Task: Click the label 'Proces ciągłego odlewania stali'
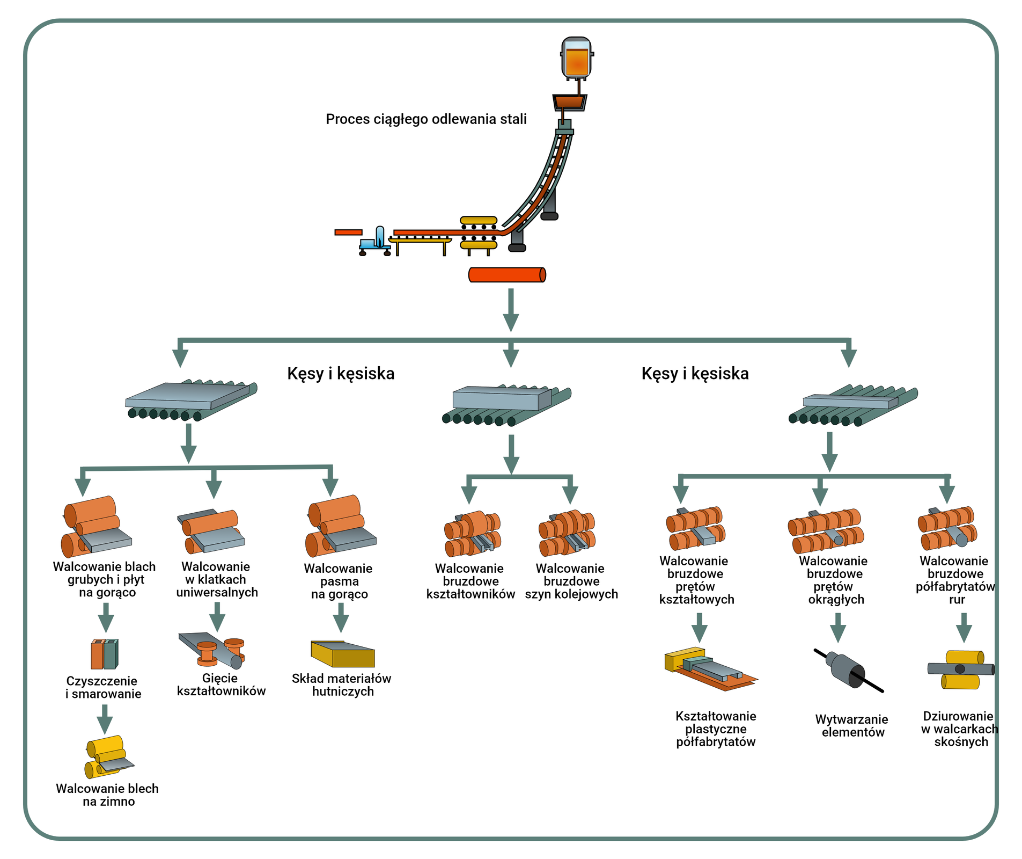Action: [426, 119]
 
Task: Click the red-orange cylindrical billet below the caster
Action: [507, 275]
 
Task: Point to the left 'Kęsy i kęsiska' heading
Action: [341, 374]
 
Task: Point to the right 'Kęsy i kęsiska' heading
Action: [695, 374]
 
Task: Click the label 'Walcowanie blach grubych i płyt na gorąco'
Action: [105, 580]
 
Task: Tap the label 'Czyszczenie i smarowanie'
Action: [103, 688]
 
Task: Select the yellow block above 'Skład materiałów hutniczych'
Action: [342, 654]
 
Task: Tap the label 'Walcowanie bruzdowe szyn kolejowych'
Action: [571, 581]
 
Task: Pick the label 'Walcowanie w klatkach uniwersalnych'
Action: [217, 580]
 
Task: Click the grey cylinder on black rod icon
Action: [848, 669]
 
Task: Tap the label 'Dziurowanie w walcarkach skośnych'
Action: [960, 729]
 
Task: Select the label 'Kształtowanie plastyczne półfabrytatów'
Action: [716, 729]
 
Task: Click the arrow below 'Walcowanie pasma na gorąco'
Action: [341, 618]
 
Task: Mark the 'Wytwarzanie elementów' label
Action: [852, 726]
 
